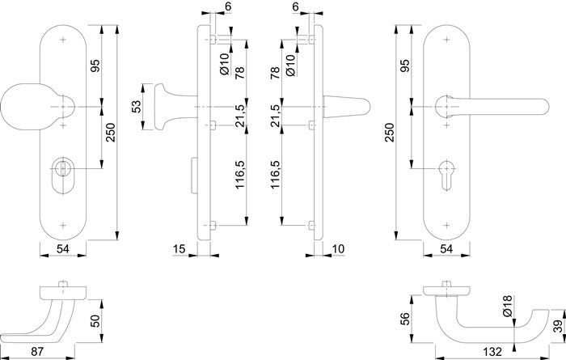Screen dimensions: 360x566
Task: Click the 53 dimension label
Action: tap(137, 104)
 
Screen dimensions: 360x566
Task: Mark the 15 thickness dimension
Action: tap(180, 248)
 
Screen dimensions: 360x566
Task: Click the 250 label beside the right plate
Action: tap(390, 133)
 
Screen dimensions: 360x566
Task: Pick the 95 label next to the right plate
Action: tap(405, 66)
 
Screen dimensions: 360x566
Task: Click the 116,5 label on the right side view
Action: tap(275, 174)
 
